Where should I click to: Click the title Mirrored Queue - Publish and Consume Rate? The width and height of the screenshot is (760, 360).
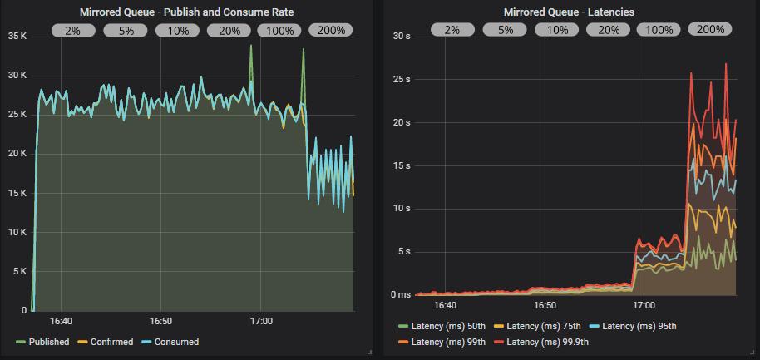pyautogui.click(x=187, y=12)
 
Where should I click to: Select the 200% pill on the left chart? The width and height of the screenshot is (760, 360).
pyautogui.click(x=331, y=30)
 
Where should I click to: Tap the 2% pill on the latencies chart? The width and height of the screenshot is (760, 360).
pyautogui.click(x=452, y=30)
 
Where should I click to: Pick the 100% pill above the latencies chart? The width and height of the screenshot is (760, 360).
pyautogui.click(x=659, y=30)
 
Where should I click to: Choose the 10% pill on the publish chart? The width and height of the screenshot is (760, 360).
pyautogui.click(x=178, y=30)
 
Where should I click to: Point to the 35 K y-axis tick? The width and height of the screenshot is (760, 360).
pyautogui.click(x=17, y=37)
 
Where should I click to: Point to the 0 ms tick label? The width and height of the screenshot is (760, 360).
pyautogui.click(x=401, y=294)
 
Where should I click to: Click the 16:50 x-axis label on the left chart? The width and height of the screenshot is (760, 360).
pyautogui.click(x=160, y=320)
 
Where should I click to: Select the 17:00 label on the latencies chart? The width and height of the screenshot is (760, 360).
pyautogui.click(x=644, y=305)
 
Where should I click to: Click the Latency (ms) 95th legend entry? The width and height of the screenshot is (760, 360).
pyautogui.click(x=637, y=326)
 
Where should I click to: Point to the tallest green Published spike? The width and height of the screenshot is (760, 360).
pyautogui.click(x=251, y=46)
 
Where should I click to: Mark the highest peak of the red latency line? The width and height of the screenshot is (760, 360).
pyautogui.click(x=726, y=64)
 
